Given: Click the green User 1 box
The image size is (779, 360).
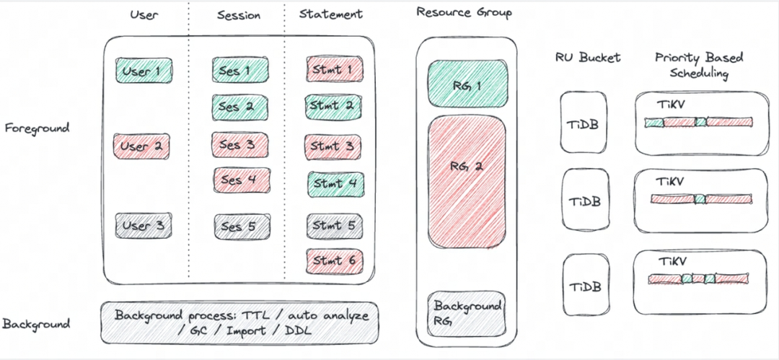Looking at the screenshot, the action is click(x=144, y=71).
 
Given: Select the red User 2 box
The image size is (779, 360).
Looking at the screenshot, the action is click(x=142, y=146).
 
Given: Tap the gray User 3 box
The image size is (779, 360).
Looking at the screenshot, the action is click(x=144, y=226).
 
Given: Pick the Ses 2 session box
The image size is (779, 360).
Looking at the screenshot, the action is click(x=240, y=107).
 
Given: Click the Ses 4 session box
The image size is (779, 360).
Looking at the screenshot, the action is click(x=242, y=180).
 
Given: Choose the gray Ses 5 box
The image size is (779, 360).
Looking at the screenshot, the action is click(x=242, y=227).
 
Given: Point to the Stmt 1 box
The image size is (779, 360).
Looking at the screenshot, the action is click(x=335, y=69).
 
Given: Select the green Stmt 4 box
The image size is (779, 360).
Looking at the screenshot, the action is click(x=336, y=184).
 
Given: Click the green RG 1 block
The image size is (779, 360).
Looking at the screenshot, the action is click(x=467, y=84).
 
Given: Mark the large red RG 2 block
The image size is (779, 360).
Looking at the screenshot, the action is click(x=467, y=182).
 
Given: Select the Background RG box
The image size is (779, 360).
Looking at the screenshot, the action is click(x=467, y=314).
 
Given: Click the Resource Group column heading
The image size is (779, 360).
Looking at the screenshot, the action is click(x=464, y=13).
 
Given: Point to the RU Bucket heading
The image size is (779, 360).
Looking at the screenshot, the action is click(x=589, y=58).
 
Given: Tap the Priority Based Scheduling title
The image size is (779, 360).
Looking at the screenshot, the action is click(x=698, y=66).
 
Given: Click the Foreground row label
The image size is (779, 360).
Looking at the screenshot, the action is click(x=37, y=128).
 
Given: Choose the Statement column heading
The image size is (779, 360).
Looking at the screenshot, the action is click(x=331, y=14).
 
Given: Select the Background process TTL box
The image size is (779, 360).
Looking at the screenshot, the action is click(x=239, y=323).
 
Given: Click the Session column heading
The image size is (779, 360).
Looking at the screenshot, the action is click(x=239, y=15).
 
